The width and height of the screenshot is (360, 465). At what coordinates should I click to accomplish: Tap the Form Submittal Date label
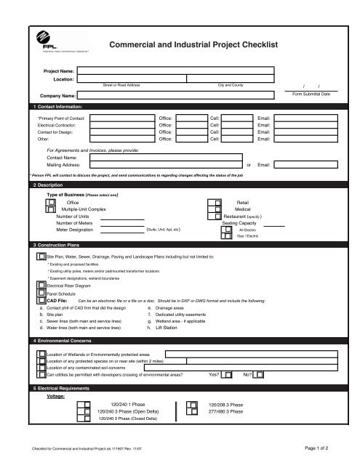(311, 94)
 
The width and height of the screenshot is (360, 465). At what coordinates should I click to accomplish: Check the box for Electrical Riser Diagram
(40, 286)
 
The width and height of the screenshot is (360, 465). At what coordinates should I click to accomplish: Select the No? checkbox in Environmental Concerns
(260, 375)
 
